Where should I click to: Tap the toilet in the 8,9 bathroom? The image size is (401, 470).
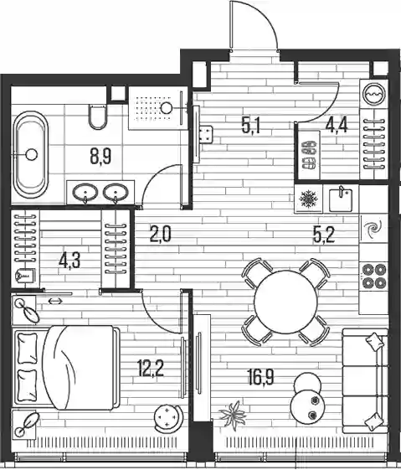click(x=98, y=116)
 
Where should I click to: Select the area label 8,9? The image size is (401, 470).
click(x=100, y=157)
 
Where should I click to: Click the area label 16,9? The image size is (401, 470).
click(x=261, y=377)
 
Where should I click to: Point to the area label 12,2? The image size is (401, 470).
click(x=150, y=368)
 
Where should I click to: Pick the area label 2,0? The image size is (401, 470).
click(x=160, y=234)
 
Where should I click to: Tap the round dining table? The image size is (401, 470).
click(x=285, y=302)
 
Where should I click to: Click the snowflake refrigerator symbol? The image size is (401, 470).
click(x=306, y=199)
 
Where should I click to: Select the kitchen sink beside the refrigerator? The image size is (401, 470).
click(x=341, y=199)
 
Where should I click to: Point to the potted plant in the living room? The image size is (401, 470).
click(x=234, y=414)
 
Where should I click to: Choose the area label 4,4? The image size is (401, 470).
click(x=337, y=125)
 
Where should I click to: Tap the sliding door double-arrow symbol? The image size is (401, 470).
click(x=55, y=302)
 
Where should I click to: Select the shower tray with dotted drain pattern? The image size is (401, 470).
click(x=155, y=108)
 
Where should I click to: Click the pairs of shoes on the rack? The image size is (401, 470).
click(x=308, y=156)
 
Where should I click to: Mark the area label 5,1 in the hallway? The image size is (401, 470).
click(x=251, y=126)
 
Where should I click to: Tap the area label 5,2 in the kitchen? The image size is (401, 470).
click(x=324, y=235)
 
